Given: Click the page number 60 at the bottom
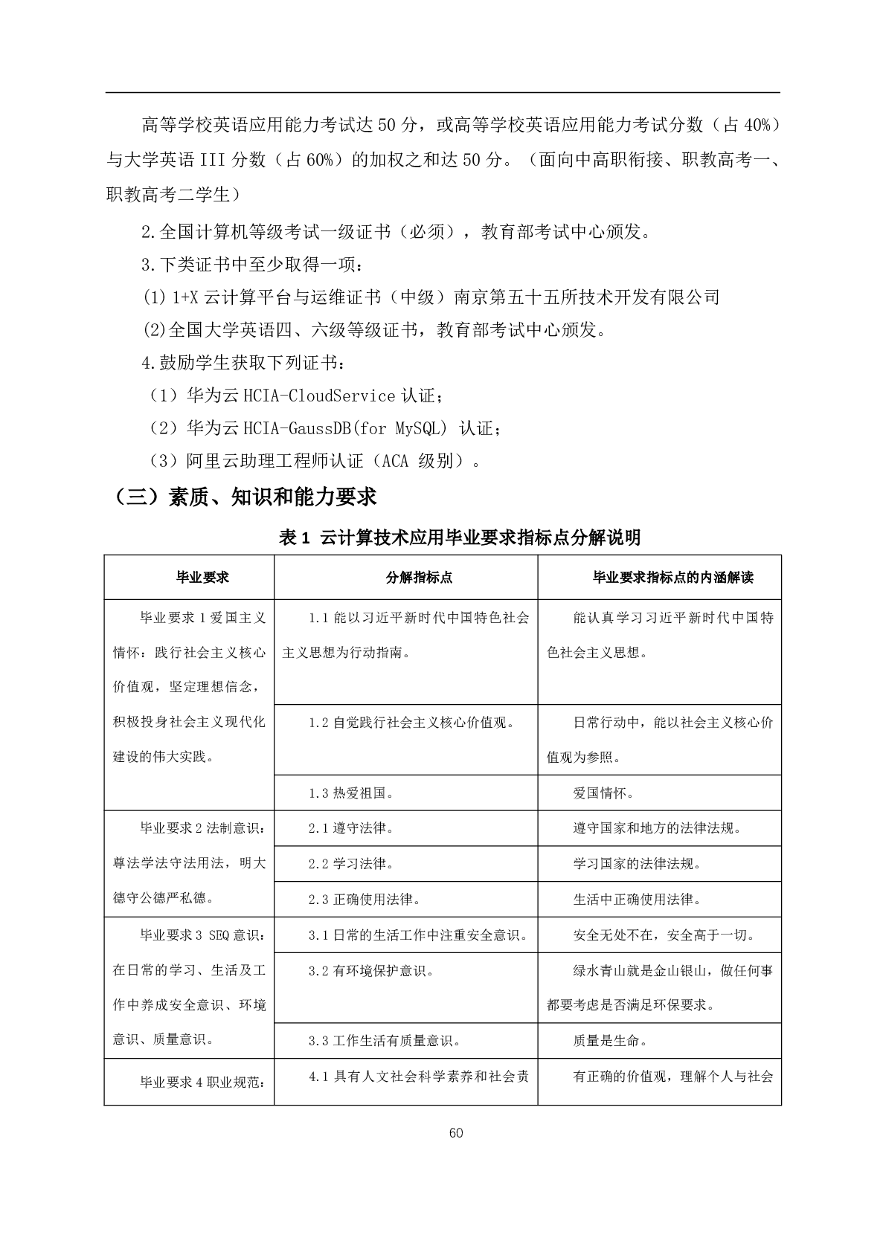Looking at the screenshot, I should pyautogui.click(x=456, y=1132).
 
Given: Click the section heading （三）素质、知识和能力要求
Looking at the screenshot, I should pyautogui.click(x=242, y=496).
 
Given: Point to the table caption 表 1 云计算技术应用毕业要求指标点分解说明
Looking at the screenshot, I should pyautogui.click(x=460, y=537).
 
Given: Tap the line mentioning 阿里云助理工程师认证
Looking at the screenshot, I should pyautogui.click(x=315, y=461).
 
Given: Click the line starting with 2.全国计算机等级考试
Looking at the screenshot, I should pyautogui.click(x=399, y=232).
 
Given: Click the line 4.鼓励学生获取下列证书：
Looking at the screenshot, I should pyautogui.click(x=244, y=363).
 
